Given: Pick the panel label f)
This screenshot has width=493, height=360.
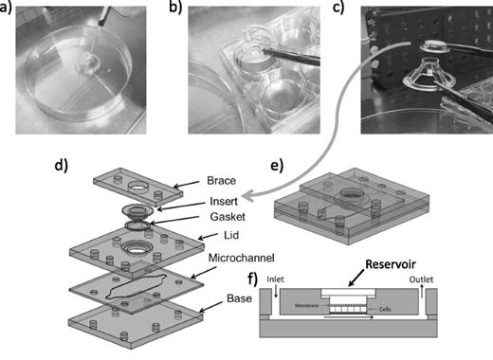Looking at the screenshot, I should pos(251,279).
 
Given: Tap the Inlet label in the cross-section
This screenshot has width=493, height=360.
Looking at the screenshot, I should pos(276,280).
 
